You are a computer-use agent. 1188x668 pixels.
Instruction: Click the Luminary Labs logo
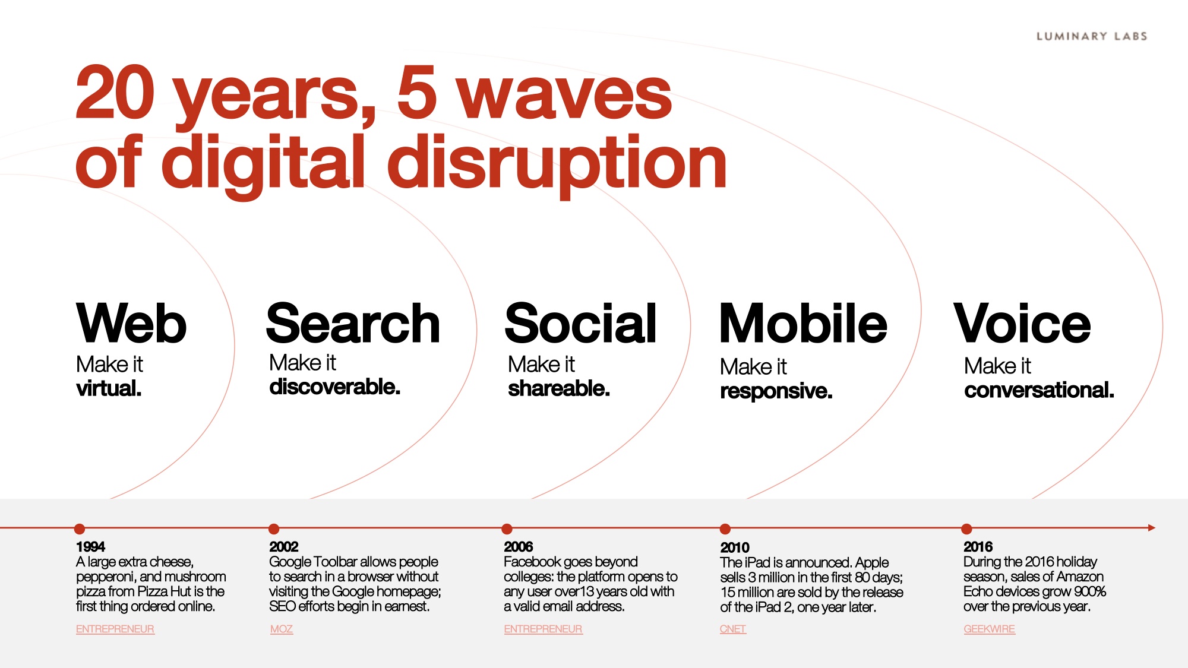point(1092,36)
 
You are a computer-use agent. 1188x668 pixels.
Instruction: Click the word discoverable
point(334,387)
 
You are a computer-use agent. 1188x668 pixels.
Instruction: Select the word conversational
point(1039,390)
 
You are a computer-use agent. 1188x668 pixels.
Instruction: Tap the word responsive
point(776,391)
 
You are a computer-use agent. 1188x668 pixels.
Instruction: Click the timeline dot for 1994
point(80,528)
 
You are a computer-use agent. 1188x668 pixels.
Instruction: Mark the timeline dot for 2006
point(507,528)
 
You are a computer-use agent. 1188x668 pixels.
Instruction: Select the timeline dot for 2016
point(966,528)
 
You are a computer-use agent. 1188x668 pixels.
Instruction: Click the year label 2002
point(283,546)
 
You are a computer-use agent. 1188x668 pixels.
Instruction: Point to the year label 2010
point(735,547)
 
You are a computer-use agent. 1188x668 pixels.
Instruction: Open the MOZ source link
point(282,629)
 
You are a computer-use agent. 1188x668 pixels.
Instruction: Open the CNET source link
point(732,629)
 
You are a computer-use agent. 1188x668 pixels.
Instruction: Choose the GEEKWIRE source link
point(989,629)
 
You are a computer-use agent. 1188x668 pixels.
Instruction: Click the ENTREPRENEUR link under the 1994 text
point(115,629)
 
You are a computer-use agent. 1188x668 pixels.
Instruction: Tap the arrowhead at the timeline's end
point(1152,527)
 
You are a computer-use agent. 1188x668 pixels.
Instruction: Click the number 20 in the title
point(115,92)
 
